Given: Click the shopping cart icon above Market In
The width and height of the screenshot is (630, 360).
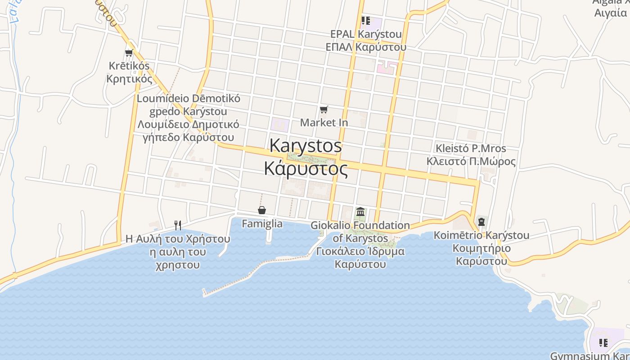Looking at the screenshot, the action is click(324, 109).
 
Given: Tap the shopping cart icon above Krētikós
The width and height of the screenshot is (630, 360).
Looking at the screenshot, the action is click(129, 53).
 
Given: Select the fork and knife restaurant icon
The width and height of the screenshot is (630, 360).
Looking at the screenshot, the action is click(178, 225).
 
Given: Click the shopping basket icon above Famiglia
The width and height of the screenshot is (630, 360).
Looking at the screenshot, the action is click(262, 210).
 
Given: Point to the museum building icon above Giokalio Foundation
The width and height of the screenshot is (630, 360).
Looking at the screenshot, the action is click(360, 211).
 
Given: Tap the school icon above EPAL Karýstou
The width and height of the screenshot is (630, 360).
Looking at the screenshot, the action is click(365, 21).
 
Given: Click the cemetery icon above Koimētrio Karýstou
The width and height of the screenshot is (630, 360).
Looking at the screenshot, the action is click(481, 221).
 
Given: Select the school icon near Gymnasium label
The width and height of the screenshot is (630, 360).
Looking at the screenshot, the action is click(603, 343).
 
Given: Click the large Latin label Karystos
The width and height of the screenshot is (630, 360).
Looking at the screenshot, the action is click(306, 145).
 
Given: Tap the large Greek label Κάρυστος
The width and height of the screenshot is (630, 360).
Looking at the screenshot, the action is click(306, 169).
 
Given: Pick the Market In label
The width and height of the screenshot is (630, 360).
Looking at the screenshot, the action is click(324, 122).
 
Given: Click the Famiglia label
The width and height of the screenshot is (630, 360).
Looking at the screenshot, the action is click(262, 224).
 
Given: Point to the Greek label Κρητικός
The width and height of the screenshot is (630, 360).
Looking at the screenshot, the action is click(129, 79).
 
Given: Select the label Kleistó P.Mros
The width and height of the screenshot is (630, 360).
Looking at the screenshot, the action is click(471, 148).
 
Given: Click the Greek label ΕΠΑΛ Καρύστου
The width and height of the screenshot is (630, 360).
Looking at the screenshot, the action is click(366, 47).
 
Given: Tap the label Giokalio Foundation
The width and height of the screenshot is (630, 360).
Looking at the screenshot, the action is click(360, 225).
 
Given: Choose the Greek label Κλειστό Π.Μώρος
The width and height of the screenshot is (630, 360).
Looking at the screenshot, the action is click(471, 161).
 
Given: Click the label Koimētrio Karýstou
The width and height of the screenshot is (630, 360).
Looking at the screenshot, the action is click(481, 235).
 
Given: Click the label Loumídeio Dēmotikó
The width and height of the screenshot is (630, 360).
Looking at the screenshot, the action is click(189, 99).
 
